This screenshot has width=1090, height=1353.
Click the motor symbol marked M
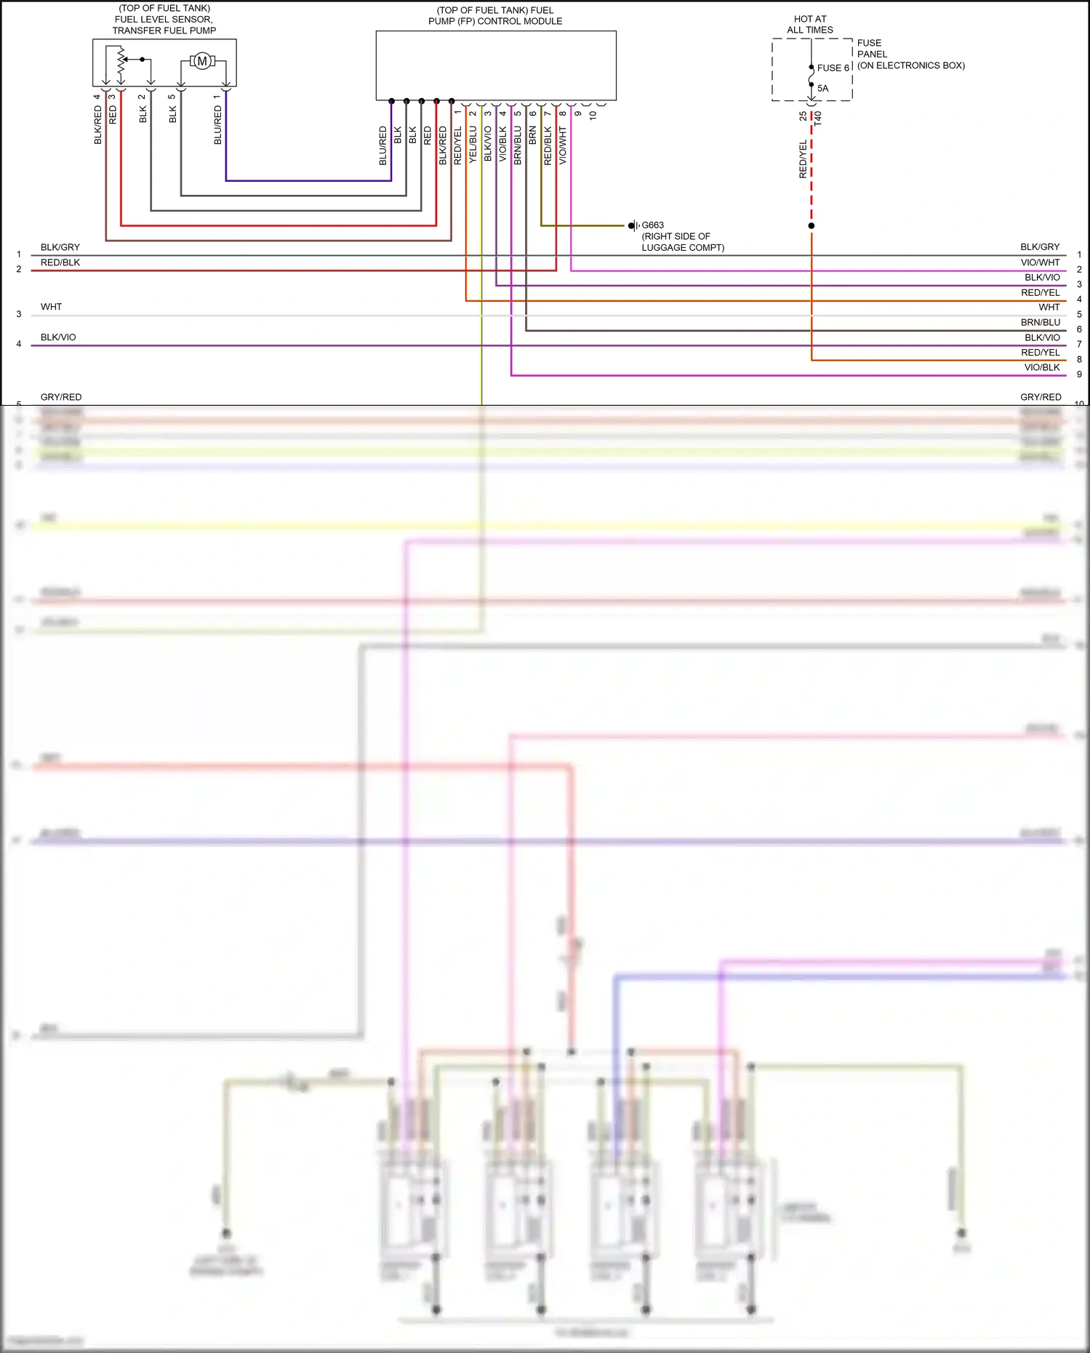point(202,62)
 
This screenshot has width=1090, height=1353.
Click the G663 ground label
point(652,225)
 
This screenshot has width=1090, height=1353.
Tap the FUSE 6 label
point(833,68)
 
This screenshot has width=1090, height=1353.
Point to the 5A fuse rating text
point(822,89)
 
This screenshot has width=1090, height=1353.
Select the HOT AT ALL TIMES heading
point(810,25)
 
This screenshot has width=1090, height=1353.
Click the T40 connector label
point(817,119)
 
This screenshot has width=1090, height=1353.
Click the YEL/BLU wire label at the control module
point(473,144)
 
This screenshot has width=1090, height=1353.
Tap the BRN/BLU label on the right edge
point(1040,323)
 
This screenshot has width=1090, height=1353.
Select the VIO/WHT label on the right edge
point(1040,262)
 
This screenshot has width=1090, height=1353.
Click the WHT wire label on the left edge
point(51,307)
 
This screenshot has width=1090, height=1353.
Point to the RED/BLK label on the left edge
point(60,262)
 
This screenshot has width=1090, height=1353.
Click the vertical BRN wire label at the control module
point(532,135)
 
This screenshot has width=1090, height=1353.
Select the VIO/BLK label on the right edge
point(1041,368)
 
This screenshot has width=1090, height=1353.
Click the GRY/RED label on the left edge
point(61,397)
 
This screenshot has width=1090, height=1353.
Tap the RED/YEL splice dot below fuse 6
point(812,226)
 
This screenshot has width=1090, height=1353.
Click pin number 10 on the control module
point(593,115)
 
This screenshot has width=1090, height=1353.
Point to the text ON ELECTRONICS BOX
point(911,65)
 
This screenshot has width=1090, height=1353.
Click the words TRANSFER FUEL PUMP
point(164,31)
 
